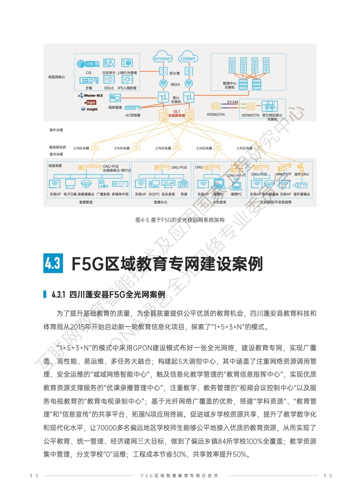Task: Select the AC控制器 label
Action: tap(132, 115)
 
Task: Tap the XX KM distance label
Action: tap(232, 102)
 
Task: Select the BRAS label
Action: tap(175, 84)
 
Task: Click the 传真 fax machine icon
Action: tap(184, 183)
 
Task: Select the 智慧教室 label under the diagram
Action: tap(86, 203)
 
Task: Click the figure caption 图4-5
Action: tap(143, 220)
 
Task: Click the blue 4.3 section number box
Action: tap(54, 263)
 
